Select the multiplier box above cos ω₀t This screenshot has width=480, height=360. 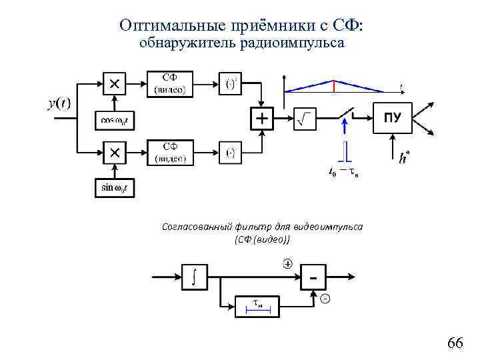(x=115, y=83)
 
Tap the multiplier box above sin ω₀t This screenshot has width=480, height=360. (x=115, y=153)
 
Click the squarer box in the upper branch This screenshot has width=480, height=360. (x=231, y=84)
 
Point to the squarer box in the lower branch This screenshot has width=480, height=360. (x=231, y=153)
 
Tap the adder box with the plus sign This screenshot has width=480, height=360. (x=262, y=119)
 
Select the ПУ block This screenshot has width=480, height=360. (x=393, y=119)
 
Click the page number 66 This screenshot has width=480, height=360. (x=455, y=343)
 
